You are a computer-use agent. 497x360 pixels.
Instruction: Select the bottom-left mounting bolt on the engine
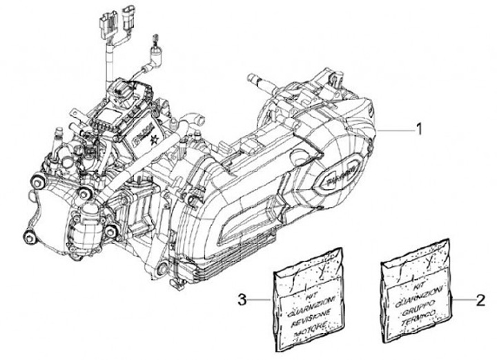tap(29, 238)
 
